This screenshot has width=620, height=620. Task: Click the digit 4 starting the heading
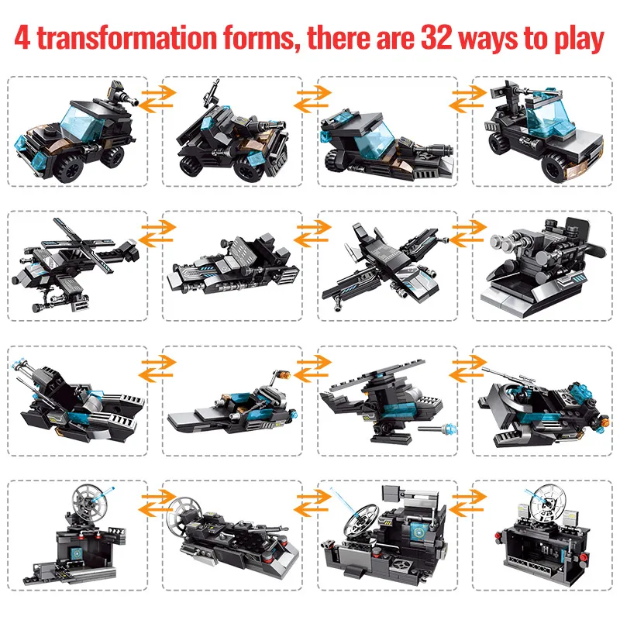(x=23, y=39)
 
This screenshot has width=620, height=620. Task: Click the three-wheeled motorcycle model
(x=224, y=136)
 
